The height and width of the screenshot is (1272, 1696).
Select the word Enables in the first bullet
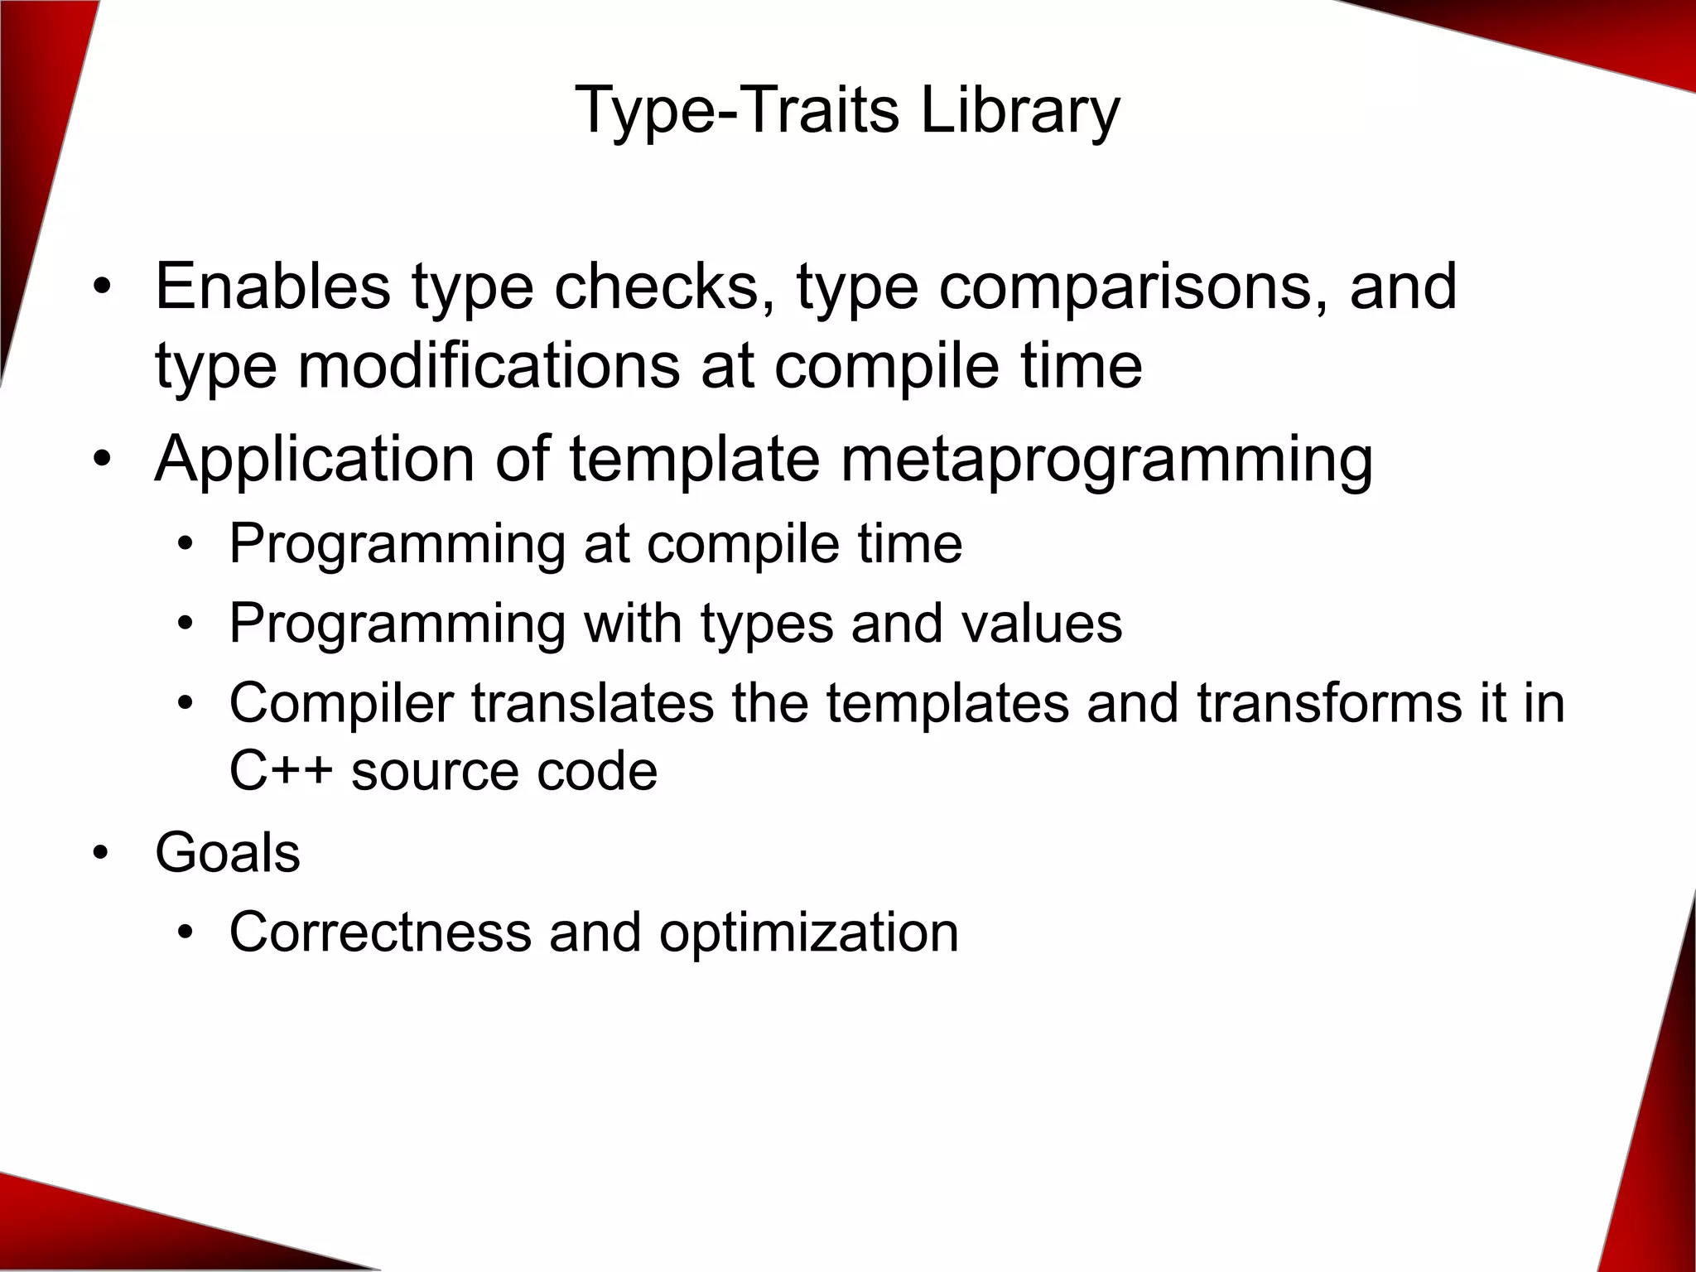272,287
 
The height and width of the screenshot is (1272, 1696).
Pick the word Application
314,459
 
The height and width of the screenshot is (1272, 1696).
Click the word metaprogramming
1106,459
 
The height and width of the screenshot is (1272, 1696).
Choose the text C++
281,772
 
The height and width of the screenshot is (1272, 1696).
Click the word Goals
228,853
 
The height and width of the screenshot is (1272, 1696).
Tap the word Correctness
380,932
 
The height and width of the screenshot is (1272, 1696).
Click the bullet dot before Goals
100,855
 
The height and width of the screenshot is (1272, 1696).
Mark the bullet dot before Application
100,460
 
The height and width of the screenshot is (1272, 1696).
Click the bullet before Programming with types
185,624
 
